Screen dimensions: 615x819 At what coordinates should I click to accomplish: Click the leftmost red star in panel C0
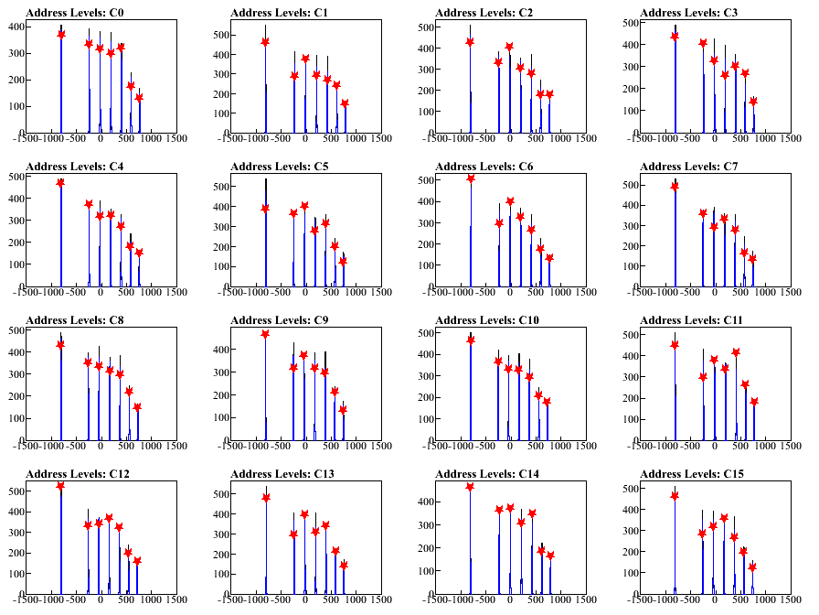click(x=61, y=34)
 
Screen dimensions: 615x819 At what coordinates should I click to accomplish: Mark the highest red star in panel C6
click(x=471, y=178)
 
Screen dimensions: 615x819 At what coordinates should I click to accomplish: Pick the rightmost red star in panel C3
click(x=754, y=102)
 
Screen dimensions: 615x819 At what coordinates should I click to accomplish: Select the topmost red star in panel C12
click(x=60, y=486)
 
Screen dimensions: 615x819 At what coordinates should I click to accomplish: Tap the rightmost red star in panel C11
click(x=754, y=402)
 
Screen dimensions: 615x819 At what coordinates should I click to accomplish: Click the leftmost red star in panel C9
click(x=265, y=334)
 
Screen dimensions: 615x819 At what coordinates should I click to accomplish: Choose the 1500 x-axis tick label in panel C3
click(x=792, y=138)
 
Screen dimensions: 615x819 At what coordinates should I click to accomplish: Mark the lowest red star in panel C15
click(x=753, y=567)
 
